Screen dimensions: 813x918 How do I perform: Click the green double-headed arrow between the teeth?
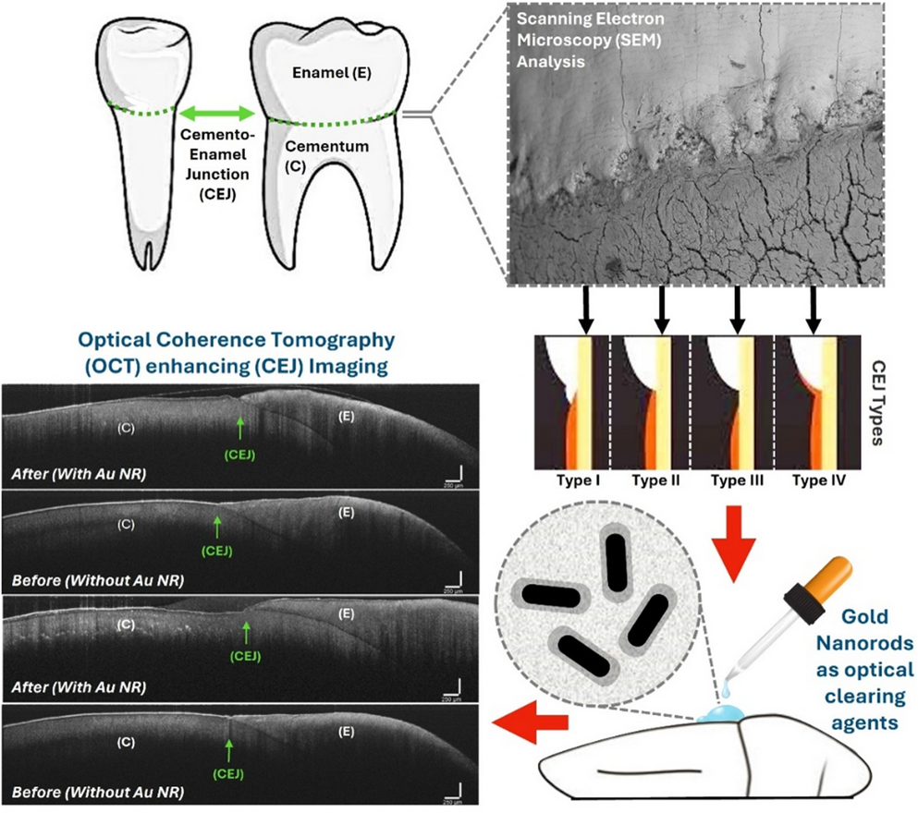coord(216,114)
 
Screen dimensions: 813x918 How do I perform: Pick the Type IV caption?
coord(814,481)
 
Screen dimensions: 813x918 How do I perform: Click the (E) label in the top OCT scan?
coord(338,417)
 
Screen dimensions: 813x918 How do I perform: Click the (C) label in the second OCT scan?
coord(127,524)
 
